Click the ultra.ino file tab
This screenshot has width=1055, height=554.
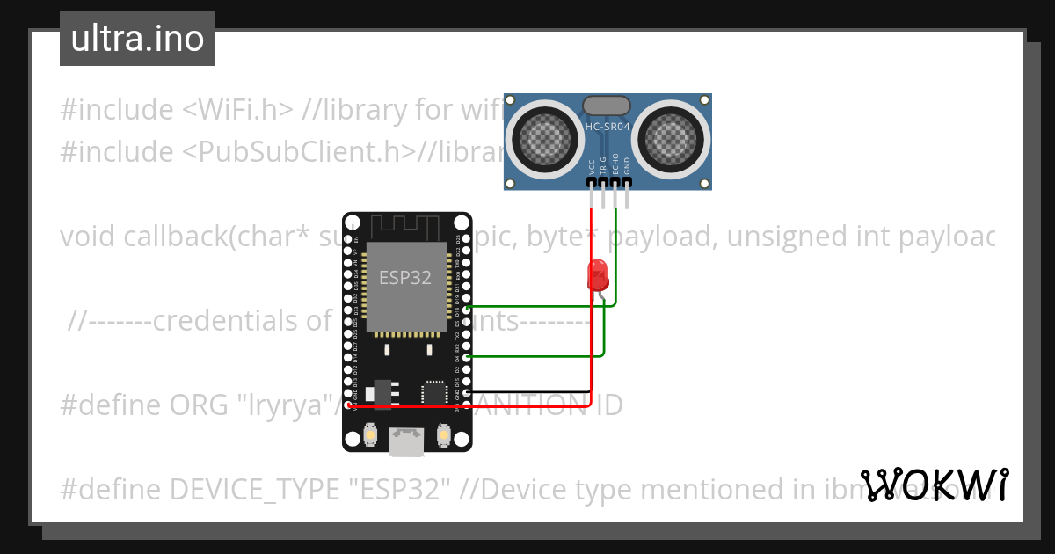click(x=137, y=39)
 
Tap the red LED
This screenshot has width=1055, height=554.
click(x=599, y=274)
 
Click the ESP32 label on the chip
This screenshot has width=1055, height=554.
click(x=405, y=278)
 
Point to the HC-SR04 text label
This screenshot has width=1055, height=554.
click(x=608, y=127)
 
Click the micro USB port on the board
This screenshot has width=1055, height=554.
click(x=406, y=442)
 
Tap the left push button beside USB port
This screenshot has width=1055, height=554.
click(x=370, y=434)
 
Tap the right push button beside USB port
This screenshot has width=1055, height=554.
click(x=443, y=434)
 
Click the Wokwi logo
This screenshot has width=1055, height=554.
click(x=934, y=485)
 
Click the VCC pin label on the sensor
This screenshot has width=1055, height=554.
click(x=591, y=165)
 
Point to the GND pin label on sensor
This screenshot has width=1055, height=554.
click(x=627, y=165)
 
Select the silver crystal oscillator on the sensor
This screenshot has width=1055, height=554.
click(x=608, y=105)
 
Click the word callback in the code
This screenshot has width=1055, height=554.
click(x=175, y=237)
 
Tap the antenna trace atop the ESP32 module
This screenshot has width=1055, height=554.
click(x=406, y=227)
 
